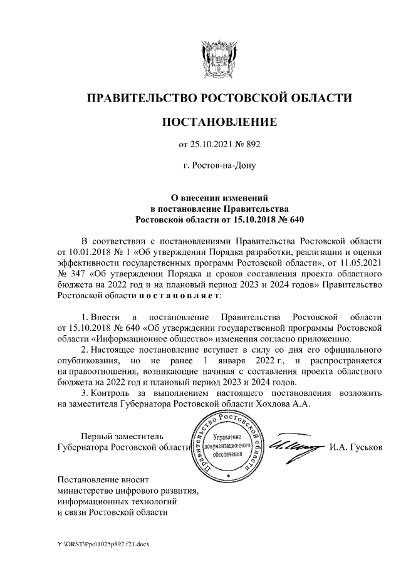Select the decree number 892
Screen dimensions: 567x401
(251, 145)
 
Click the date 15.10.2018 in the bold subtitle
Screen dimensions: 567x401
(245, 220)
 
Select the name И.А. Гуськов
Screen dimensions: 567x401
(355, 447)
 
